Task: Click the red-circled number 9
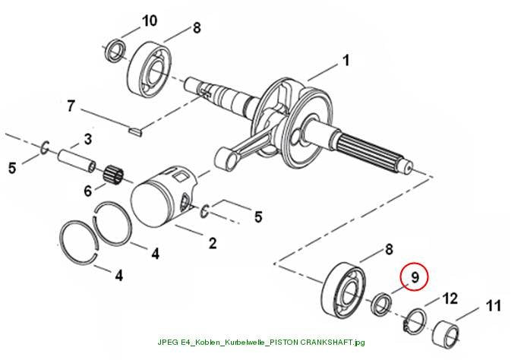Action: (x=415, y=277)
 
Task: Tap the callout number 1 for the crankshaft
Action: (x=346, y=61)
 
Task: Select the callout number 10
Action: (x=150, y=21)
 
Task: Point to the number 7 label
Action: (x=71, y=106)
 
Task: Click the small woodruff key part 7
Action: (x=136, y=131)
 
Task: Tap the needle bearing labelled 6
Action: (x=114, y=174)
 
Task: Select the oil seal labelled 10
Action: (x=115, y=51)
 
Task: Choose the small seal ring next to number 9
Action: (x=381, y=304)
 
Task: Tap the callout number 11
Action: (x=494, y=306)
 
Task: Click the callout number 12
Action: (x=450, y=298)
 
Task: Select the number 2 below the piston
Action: (x=213, y=243)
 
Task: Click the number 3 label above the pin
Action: (x=87, y=139)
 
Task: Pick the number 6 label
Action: (x=87, y=191)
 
